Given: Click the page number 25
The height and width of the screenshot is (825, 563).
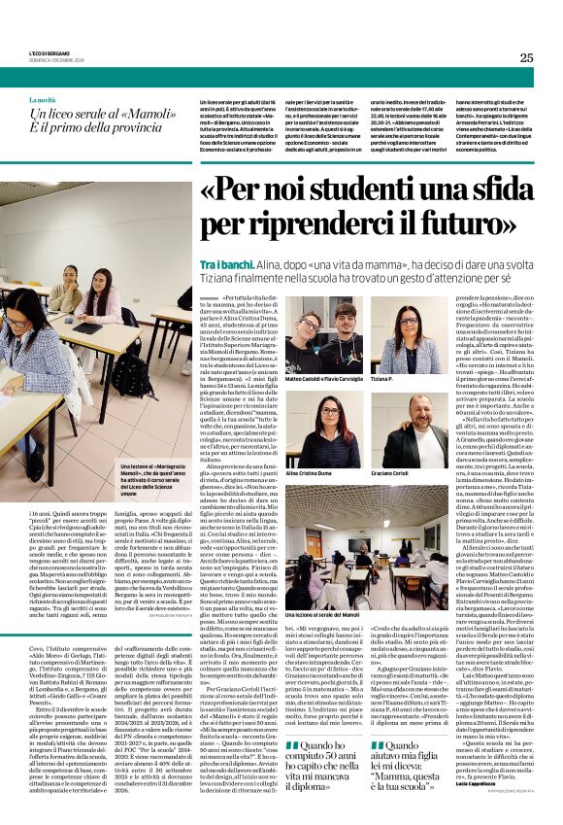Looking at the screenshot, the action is click(x=526, y=57).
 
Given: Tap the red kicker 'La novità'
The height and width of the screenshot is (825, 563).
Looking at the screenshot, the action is click(x=43, y=100).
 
